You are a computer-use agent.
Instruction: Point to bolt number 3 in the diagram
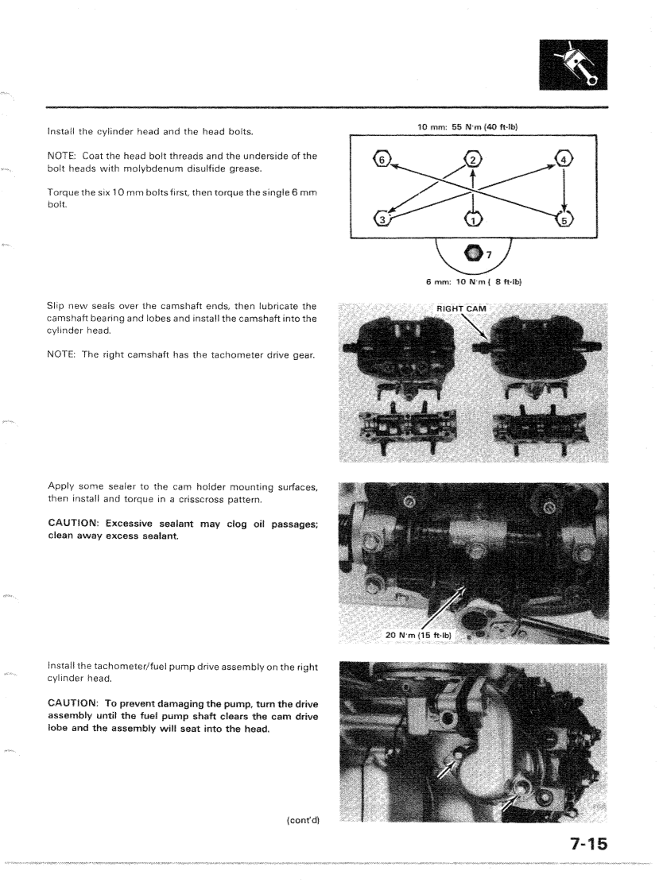coord(382,218)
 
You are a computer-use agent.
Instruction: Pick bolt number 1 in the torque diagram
coord(472,217)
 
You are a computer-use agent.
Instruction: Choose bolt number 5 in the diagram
coord(563,218)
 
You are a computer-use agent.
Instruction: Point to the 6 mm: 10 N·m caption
coord(472,281)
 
